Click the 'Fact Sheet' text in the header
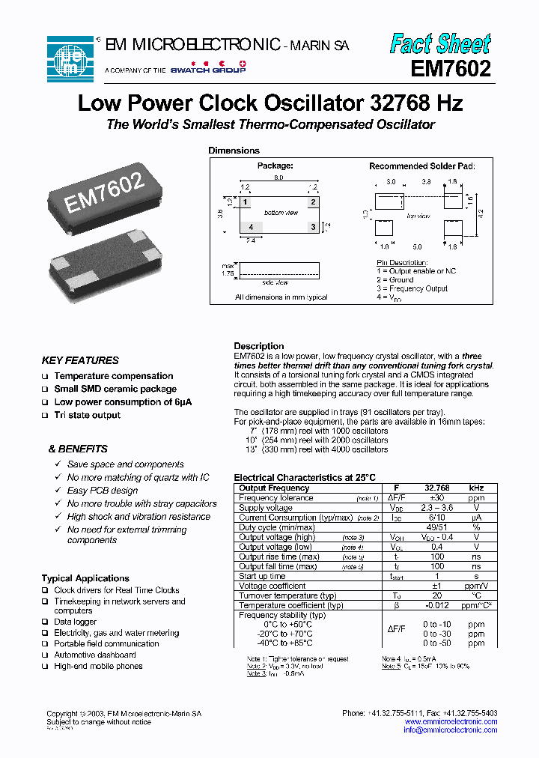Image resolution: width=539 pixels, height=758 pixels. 440,43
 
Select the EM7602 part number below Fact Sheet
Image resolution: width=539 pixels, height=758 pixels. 451,69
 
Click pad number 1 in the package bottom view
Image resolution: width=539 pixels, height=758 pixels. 245,202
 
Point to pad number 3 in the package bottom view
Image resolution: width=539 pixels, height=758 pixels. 313,226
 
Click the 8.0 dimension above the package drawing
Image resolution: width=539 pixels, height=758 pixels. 278,178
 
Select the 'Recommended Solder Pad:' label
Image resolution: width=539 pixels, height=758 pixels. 422,166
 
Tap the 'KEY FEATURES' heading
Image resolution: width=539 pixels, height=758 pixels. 80,360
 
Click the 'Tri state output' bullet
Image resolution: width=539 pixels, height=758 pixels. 87,415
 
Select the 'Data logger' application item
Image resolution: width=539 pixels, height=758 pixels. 76,622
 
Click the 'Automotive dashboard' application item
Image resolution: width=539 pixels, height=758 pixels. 95,655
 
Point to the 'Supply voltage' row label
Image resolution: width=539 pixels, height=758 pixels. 265,508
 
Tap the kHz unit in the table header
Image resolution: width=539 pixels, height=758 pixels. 476,488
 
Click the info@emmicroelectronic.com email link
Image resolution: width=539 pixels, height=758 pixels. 450,730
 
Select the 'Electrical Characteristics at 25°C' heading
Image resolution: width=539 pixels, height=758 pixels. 305,477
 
